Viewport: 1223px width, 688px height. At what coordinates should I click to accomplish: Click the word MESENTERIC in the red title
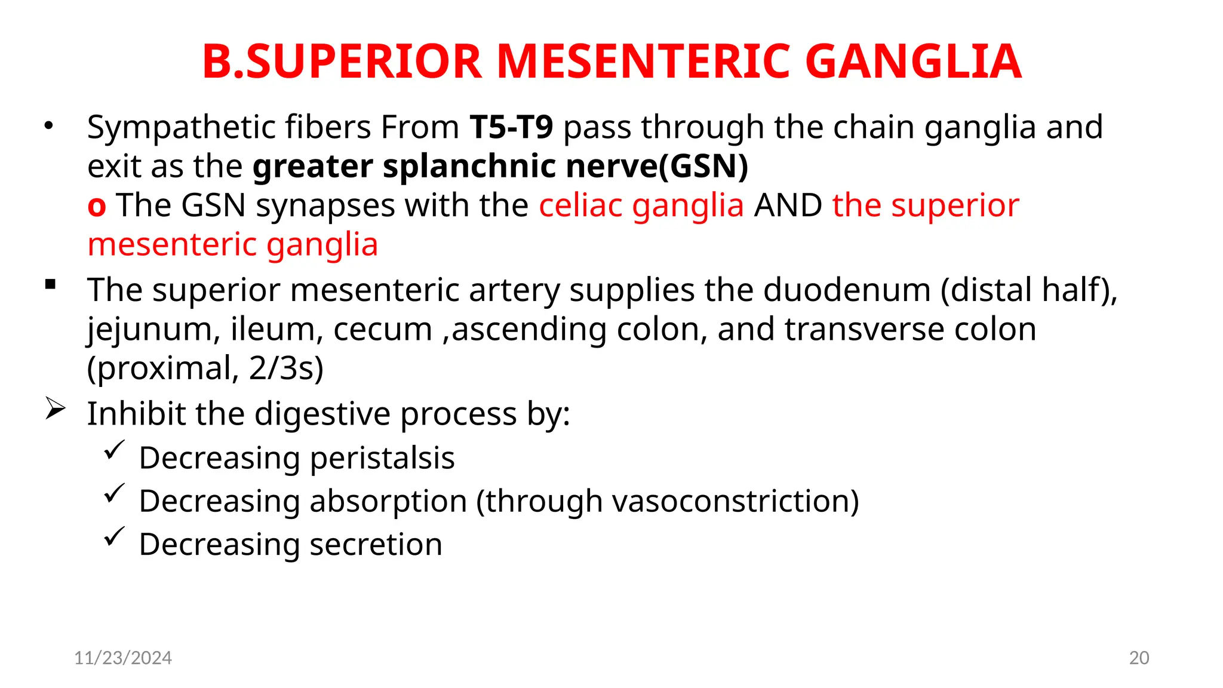tap(643, 62)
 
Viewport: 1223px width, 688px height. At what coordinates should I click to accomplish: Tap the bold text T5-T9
tap(511, 127)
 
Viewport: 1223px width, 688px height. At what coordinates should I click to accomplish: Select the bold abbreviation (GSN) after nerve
tap(703, 167)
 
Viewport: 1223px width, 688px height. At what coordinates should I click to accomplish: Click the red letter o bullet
tap(97, 207)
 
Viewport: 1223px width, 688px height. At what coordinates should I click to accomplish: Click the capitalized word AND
tap(788, 205)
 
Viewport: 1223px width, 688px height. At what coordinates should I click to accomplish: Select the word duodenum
tap(847, 290)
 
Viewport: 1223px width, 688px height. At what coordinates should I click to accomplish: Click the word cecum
tap(382, 330)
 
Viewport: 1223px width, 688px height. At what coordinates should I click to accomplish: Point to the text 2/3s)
tap(286, 368)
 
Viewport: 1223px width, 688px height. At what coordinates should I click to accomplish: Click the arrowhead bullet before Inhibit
tap(55, 410)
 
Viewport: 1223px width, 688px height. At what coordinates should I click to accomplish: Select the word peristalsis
tap(382, 459)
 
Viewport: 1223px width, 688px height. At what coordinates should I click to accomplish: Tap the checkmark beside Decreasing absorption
tap(113, 493)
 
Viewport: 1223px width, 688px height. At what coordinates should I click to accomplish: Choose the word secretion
tap(376, 545)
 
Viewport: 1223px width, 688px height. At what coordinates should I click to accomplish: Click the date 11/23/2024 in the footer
tap(123, 658)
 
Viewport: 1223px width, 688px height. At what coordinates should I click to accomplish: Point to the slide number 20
tap(1139, 658)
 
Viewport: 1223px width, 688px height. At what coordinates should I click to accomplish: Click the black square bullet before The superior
tap(50, 285)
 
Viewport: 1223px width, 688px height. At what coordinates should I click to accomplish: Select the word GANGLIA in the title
tap(913, 62)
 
